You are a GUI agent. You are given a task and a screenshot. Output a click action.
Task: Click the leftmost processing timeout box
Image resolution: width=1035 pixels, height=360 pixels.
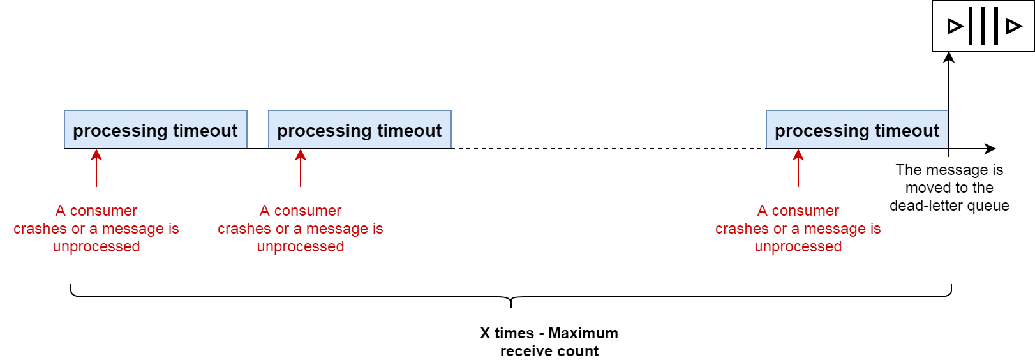point(155,130)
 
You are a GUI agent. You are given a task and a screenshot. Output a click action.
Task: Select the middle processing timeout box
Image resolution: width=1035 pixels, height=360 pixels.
point(359,130)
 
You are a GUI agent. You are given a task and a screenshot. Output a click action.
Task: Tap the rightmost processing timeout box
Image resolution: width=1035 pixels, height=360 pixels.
point(857,130)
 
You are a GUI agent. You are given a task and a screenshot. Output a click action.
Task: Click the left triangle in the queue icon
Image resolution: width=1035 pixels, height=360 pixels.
point(955,26)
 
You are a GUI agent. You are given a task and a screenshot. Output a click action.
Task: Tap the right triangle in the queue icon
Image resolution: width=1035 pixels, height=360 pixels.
point(1013,26)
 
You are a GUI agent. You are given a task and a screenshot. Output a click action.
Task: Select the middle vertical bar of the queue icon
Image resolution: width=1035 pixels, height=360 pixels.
point(983,26)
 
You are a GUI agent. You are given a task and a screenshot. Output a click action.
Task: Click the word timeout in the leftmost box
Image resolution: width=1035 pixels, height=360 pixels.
point(205,131)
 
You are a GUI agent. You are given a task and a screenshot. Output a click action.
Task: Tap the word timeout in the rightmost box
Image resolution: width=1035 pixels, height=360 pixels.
point(907,131)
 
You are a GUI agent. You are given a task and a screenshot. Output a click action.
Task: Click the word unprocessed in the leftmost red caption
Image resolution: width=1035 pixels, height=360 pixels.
point(96,247)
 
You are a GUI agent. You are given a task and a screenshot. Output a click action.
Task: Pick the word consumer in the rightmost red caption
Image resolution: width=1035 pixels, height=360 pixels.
point(805,211)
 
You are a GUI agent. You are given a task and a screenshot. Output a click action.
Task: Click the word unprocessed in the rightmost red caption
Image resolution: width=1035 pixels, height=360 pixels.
point(798,247)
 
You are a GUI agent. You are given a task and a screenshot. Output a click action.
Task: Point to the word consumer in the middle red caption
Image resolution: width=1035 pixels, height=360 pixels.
point(308,211)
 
